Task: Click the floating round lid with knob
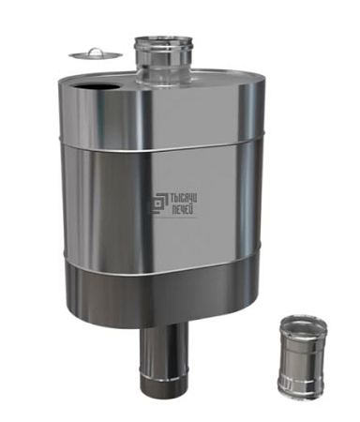pyautogui.click(x=96, y=54)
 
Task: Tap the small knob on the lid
pyautogui.click(x=96, y=52)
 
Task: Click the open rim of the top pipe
pyautogui.click(x=163, y=41)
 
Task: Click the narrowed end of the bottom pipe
pyautogui.click(x=164, y=380)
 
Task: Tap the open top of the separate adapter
pyautogui.click(x=304, y=324)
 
